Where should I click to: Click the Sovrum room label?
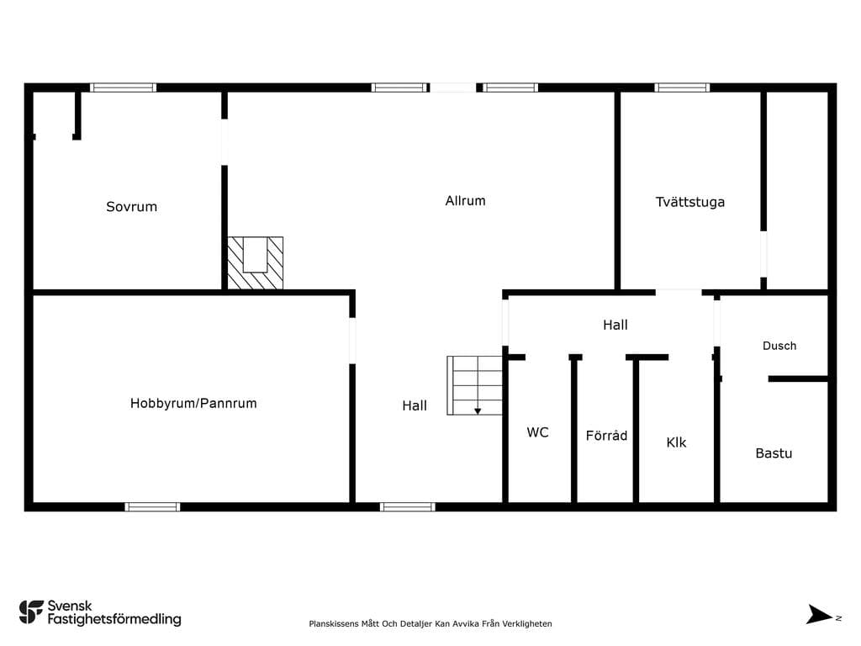pyautogui.click(x=132, y=207)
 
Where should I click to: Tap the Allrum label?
pyautogui.click(x=465, y=200)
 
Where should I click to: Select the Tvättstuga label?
pyautogui.click(x=690, y=202)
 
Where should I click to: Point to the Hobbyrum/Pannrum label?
pyautogui.click(x=193, y=403)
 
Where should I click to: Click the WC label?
pyautogui.click(x=537, y=432)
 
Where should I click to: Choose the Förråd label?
pyautogui.click(x=606, y=435)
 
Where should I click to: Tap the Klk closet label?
pyautogui.click(x=676, y=442)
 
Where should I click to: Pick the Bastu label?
pyautogui.click(x=774, y=453)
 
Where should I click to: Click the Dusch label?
pyautogui.click(x=779, y=346)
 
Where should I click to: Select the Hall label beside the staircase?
pyautogui.click(x=415, y=405)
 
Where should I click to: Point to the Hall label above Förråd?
pyautogui.click(x=615, y=325)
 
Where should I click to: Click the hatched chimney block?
pyautogui.click(x=256, y=263)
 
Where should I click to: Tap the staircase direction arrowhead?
pyautogui.click(x=478, y=410)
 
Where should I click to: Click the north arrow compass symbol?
pyautogui.click(x=819, y=615)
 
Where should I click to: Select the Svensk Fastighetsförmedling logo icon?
pyautogui.click(x=31, y=612)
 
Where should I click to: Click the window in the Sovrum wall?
pyautogui.click(x=123, y=87)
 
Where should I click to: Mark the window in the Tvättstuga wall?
pyautogui.click(x=682, y=87)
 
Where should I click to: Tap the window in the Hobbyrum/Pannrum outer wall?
pyautogui.click(x=152, y=506)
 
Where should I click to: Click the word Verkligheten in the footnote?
pyautogui.click(x=528, y=623)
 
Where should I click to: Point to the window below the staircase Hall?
pyautogui.click(x=408, y=506)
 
